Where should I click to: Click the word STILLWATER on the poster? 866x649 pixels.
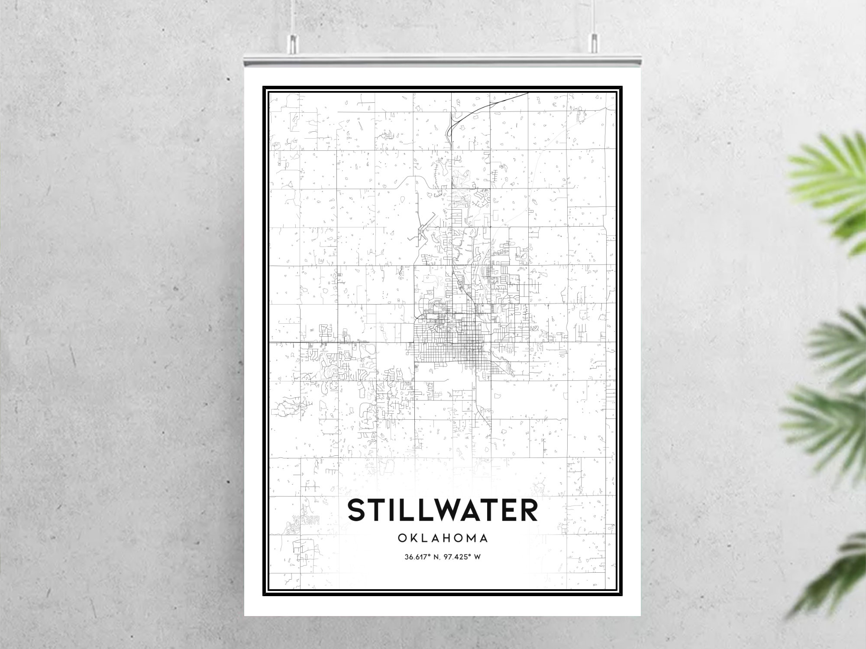(x=443, y=510)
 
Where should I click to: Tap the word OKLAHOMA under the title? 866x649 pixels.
(x=443, y=539)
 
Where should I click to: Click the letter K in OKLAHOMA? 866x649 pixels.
(x=412, y=539)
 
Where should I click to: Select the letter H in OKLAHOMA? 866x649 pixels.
(x=446, y=539)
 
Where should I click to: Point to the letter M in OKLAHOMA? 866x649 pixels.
(x=471, y=539)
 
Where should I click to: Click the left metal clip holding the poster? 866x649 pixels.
(x=293, y=44)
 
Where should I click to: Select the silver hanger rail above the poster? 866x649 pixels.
(x=443, y=61)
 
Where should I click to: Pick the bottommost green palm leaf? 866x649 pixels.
(x=836, y=576)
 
